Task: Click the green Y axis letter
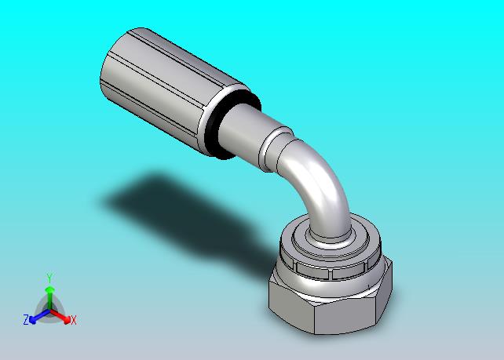pyautogui.click(x=49, y=278)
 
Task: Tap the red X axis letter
pyautogui.click(x=74, y=320)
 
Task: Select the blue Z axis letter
pyautogui.click(x=26, y=319)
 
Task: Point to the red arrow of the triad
pyautogui.click(x=60, y=315)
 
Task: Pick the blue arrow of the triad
pyautogui.click(x=39, y=316)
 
